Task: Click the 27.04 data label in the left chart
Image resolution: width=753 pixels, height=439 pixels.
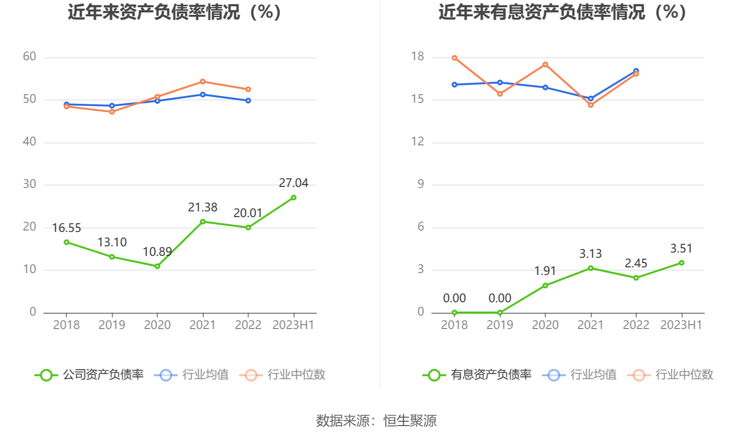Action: click(x=293, y=183)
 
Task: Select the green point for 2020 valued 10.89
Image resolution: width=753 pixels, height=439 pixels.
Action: click(x=157, y=266)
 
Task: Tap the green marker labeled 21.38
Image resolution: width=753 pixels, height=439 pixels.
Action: click(x=203, y=222)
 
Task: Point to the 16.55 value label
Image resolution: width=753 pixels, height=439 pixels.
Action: click(x=66, y=228)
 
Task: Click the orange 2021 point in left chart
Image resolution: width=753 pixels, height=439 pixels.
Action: click(x=203, y=82)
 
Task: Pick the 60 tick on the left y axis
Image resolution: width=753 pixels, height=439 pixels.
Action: click(x=30, y=57)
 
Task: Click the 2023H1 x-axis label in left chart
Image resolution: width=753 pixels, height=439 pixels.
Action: click(x=293, y=325)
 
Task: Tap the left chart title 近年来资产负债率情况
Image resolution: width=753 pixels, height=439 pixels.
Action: click(x=175, y=12)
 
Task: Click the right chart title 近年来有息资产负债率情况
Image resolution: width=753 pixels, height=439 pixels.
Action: click(x=563, y=12)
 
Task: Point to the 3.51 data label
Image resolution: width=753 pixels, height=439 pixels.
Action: click(x=681, y=249)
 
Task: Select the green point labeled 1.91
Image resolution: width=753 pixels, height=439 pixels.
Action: click(x=545, y=285)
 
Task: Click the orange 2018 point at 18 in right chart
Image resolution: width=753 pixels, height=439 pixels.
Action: click(x=454, y=58)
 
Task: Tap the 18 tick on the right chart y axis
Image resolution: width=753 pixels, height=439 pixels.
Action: click(x=418, y=57)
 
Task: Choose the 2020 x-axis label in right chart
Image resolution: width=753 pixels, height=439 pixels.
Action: click(x=545, y=325)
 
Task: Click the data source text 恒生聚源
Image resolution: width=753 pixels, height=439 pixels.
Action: click(x=410, y=421)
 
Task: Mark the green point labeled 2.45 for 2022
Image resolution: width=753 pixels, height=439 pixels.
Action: click(x=636, y=278)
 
